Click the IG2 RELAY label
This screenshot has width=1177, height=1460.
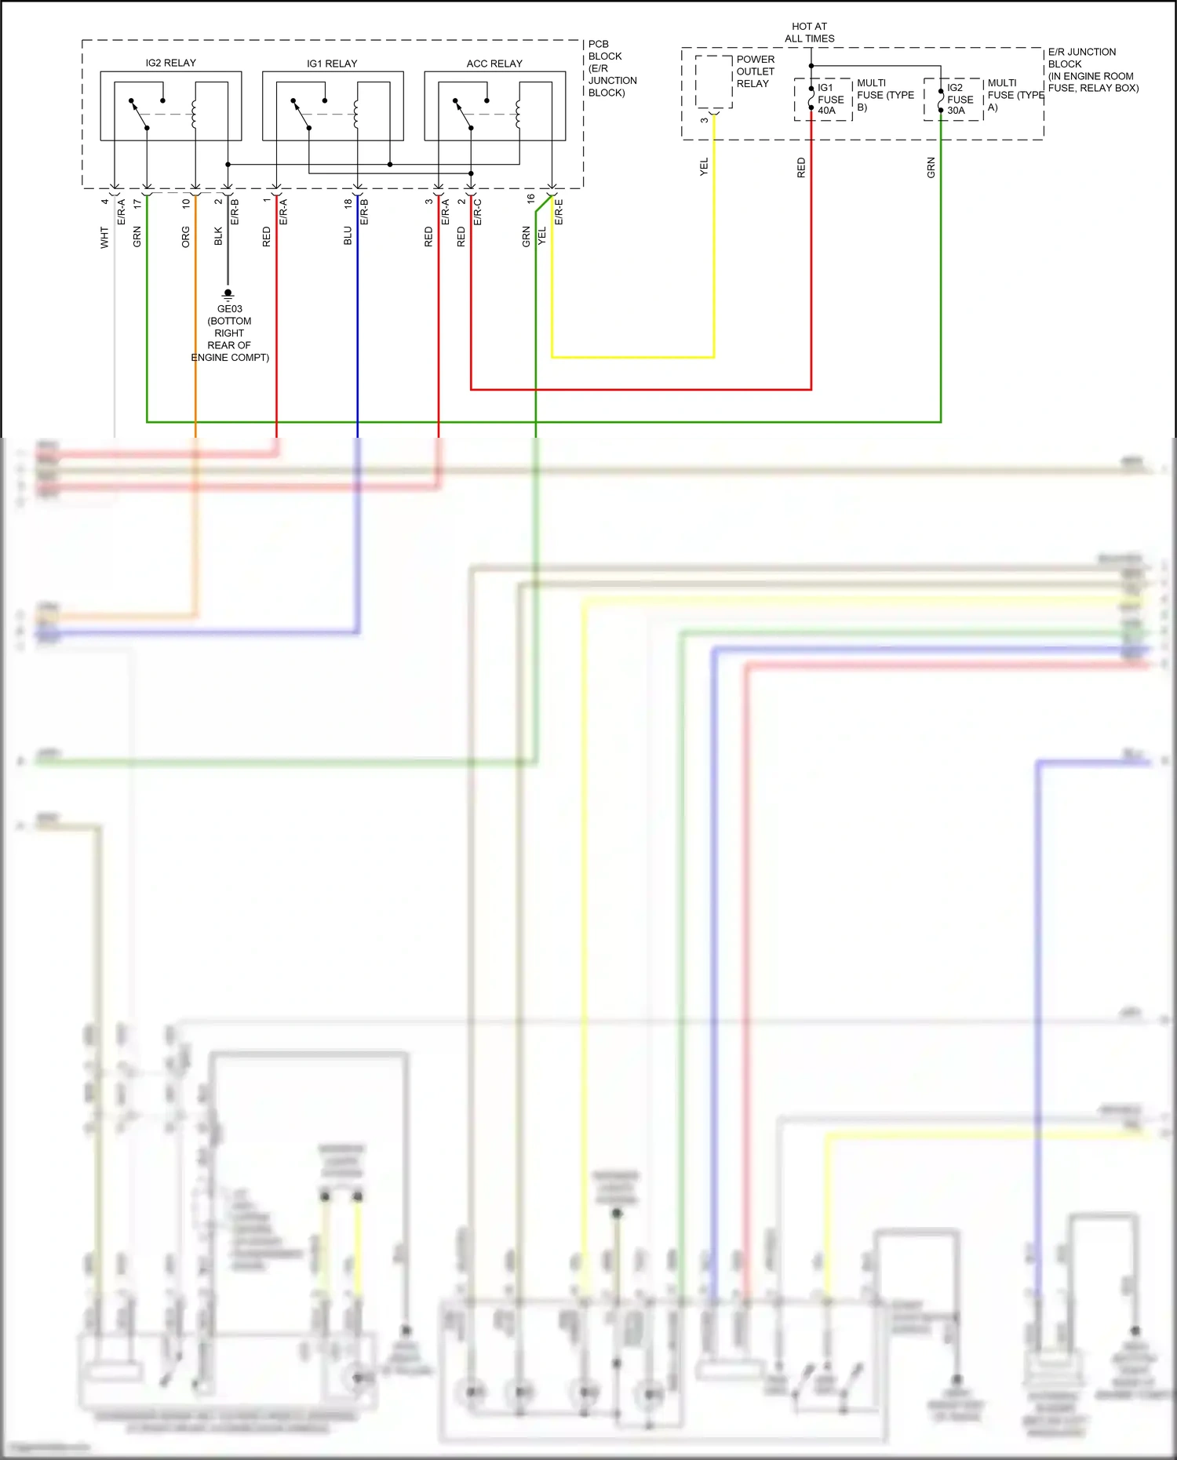[170, 63]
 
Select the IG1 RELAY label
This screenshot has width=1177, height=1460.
[332, 64]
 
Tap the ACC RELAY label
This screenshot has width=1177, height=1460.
[494, 64]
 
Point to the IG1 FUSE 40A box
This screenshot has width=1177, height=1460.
[823, 99]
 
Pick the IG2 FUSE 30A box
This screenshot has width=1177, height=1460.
[953, 99]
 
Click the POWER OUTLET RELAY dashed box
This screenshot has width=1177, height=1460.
[713, 82]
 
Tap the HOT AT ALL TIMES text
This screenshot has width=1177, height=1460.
[810, 32]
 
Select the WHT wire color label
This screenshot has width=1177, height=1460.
[104, 238]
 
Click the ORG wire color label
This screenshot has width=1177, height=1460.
[186, 237]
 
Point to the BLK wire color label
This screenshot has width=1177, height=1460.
[218, 236]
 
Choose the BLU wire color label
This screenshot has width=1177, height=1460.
[348, 235]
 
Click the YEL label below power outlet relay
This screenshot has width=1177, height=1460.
[704, 166]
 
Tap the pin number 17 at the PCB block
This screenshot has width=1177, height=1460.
[137, 203]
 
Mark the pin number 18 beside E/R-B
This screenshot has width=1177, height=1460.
[348, 203]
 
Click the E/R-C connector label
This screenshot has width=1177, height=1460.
[477, 212]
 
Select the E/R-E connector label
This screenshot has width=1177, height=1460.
[559, 212]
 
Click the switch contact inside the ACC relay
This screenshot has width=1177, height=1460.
[463, 114]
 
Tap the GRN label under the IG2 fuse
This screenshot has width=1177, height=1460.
[931, 167]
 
